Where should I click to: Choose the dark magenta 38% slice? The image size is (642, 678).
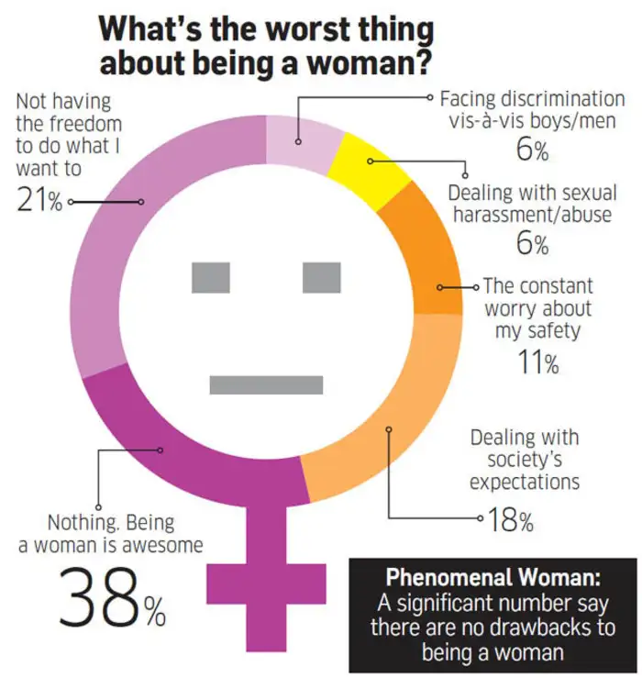tap(183, 450)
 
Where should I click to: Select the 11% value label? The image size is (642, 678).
tap(537, 363)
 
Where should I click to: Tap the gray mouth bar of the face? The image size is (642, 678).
tap(266, 384)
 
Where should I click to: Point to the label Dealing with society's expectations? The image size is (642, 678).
tap(524, 460)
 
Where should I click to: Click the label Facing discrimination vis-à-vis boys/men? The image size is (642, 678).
tap(532, 110)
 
